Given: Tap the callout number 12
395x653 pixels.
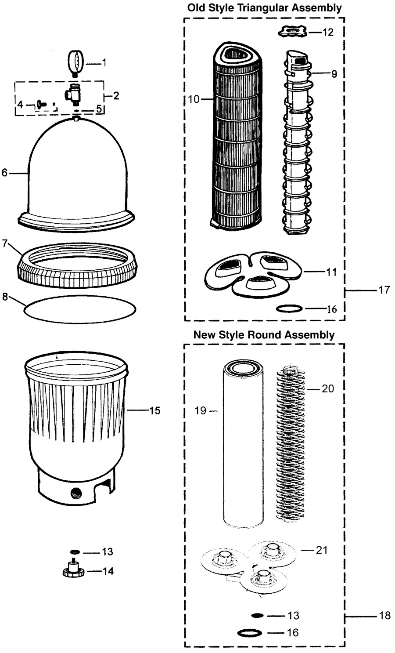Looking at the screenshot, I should [x=328, y=32].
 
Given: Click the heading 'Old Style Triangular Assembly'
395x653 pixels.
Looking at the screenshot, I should [x=264, y=7].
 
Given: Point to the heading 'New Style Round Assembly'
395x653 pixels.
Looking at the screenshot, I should [x=264, y=335].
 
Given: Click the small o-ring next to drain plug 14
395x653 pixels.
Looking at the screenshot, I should [x=75, y=551].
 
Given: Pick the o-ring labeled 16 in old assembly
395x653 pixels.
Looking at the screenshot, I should [x=289, y=308].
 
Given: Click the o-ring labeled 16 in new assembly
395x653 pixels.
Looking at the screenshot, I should [x=249, y=633].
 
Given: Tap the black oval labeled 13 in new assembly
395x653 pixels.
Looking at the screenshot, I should [x=257, y=615].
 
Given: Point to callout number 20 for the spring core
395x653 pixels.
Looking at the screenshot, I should [x=328, y=388].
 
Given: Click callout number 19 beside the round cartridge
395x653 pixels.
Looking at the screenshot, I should [x=200, y=410].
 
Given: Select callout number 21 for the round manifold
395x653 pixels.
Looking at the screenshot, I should [x=322, y=550].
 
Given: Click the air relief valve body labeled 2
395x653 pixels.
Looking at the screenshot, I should [x=73, y=94].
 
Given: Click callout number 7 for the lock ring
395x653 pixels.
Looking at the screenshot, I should [x=5, y=243].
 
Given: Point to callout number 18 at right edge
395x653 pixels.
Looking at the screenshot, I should [x=384, y=615].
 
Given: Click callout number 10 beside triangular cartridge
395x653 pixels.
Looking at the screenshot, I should [x=194, y=99].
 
